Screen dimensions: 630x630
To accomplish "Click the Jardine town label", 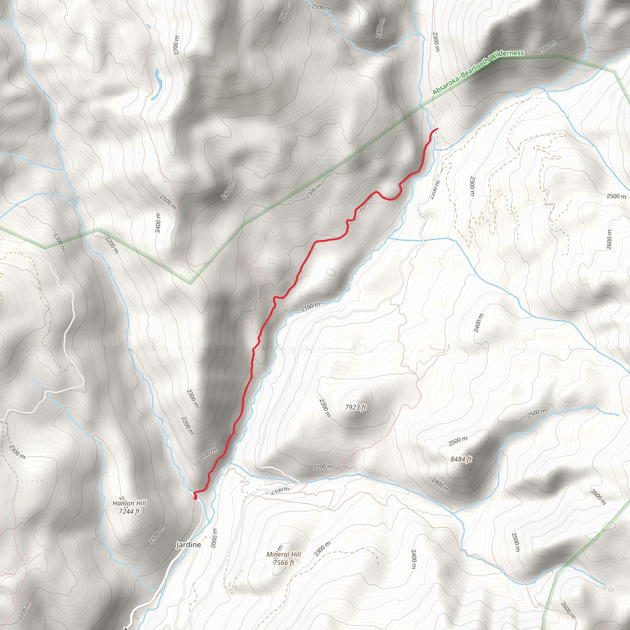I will click(189, 545).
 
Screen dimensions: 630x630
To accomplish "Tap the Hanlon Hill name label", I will click(129, 503).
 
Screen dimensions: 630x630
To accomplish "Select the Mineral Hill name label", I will click(284, 554).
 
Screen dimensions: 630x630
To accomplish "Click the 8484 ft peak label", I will click(461, 460).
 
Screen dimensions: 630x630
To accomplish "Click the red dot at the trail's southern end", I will click(195, 498).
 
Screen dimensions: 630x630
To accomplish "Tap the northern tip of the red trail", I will click(437, 129).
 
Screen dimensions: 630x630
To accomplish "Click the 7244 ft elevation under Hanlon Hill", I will click(129, 511).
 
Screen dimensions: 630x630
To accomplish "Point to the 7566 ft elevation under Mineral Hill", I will click(284, 563).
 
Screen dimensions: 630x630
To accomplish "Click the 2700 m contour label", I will click(176, 45).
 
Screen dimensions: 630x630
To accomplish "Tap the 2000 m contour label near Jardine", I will click(214, 538).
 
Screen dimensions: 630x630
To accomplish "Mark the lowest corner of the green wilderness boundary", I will click(191, 283).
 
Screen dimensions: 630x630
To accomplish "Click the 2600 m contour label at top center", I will click(284, 12).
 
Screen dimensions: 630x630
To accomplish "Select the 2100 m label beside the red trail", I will click(208, 455).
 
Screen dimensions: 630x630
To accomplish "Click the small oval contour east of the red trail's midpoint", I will click(330, 272).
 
